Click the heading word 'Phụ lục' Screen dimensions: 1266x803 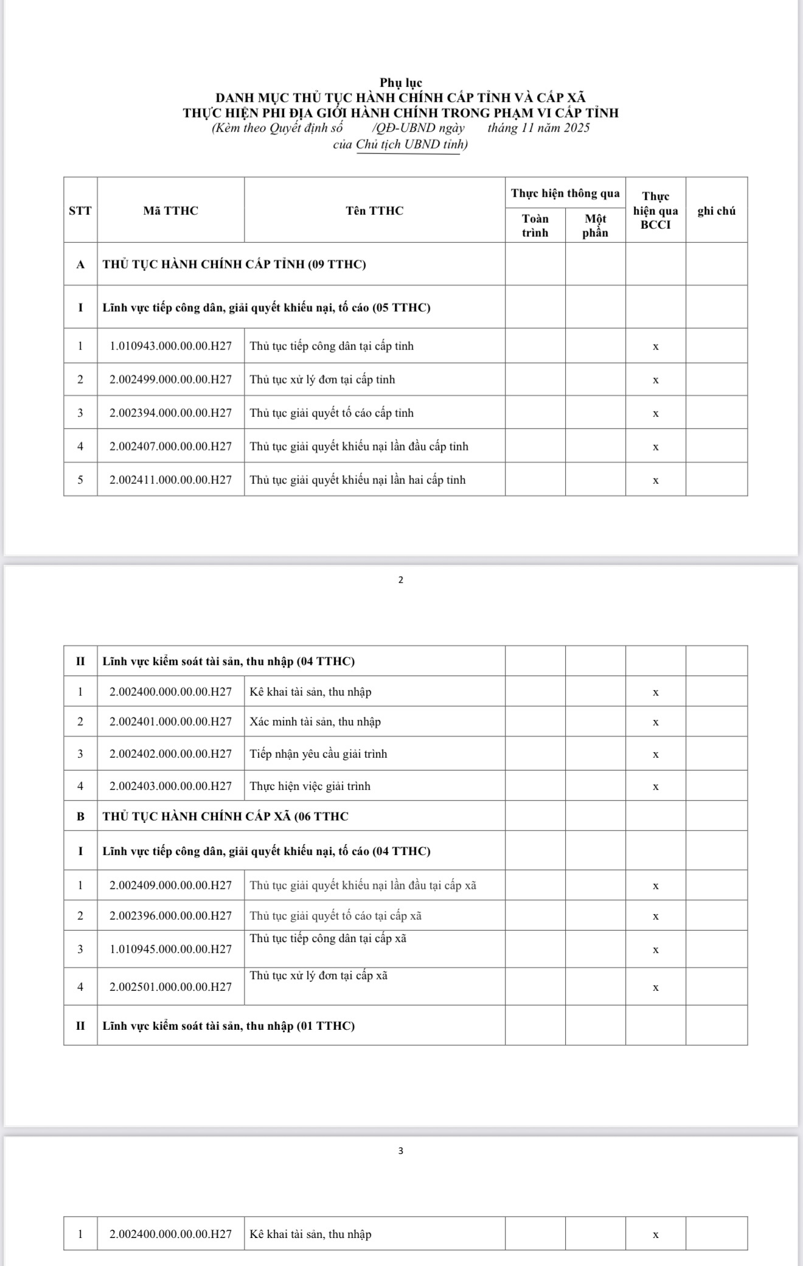pos(401,82)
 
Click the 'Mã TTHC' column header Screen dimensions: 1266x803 pos(171,211)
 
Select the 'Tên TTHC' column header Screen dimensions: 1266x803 pos(374,211)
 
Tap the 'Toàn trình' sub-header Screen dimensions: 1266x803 pos(535,225)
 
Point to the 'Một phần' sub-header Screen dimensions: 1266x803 pos(595,225)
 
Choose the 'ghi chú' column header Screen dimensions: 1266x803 pos(716,211)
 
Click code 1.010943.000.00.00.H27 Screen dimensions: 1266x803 pos(171,346)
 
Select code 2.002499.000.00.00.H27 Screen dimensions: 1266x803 pos(171,380)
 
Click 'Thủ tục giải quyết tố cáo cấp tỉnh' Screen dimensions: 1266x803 pos(332,413)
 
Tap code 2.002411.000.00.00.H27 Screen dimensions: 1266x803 pos(171,480)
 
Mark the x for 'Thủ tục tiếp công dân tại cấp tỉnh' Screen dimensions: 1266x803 pos(655,347)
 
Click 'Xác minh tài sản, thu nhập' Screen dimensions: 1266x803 pos(315,722)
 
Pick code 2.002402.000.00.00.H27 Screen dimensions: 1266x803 pos(171,754)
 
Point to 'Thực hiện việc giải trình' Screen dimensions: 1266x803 pos(310,786)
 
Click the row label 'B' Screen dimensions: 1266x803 pos(80,816)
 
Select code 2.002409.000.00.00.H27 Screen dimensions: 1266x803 pos(171,886)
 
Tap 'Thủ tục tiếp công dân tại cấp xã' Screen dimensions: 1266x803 pos(328,939)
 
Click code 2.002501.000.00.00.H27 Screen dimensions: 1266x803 pos(171,987)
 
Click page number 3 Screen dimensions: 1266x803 pos(400,1150)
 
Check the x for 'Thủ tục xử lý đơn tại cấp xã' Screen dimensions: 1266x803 pos(655,988)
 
